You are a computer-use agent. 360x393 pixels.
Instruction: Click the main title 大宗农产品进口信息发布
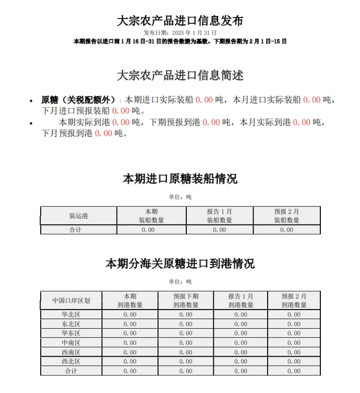[180, 21]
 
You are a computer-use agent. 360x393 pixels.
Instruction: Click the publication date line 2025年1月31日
[180, 32]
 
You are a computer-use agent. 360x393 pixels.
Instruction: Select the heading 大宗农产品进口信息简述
[180, 75]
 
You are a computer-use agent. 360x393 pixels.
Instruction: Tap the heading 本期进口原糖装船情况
[180, 178]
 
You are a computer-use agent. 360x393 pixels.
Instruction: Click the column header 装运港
[78, 216]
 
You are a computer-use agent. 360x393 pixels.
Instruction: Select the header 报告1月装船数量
[219, 216]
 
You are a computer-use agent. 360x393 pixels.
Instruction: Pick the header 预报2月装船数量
[286, 216]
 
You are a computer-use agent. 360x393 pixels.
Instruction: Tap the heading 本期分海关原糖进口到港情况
[180, 263]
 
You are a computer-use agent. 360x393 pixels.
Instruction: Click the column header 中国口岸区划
[71, 301]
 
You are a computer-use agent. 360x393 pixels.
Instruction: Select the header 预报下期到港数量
[186, 301]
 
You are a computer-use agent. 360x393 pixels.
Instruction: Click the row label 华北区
[71, 315]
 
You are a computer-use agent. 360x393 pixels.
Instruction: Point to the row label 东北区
[71, 324]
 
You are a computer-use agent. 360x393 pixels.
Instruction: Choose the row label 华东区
[71, 333]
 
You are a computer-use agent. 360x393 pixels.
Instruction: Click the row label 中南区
[71, 343]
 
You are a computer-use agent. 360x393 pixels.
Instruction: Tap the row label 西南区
[71, 352]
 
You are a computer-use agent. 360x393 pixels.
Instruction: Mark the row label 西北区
[71, 361]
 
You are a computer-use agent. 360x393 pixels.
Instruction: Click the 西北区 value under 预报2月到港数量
[294, 361]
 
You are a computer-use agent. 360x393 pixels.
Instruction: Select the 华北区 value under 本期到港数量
[130, 315]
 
